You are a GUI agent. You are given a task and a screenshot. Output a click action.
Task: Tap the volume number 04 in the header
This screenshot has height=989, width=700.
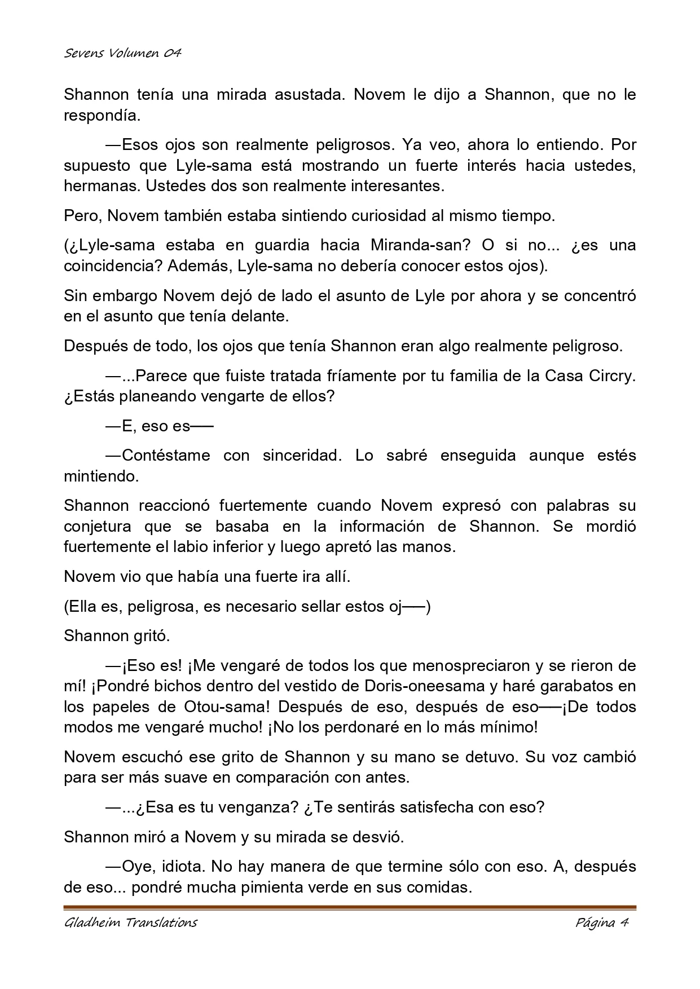173,54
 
